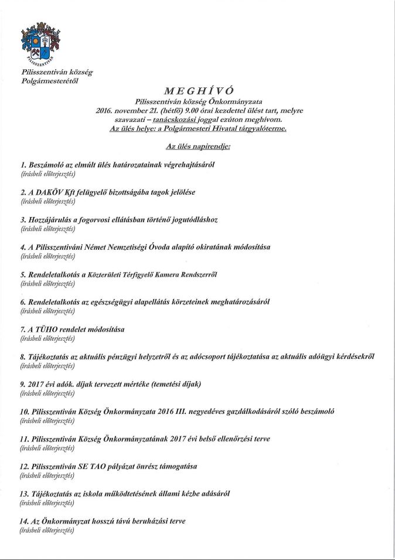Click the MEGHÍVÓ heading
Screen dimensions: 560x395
click(x=196, y=90)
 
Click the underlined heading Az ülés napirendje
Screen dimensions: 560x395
click(x=197, y=145)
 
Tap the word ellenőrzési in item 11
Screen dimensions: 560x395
click(x=233, y=438)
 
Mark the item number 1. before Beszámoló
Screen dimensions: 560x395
click(x=23, y=165)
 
